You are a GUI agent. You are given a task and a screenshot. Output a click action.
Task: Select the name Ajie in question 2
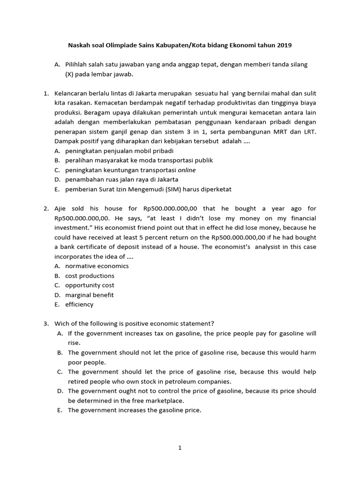[x=62, y=209]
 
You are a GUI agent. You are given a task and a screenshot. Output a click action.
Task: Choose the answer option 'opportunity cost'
[x=90, y=285]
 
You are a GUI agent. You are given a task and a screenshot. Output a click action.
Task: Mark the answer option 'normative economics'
[x=97, y=266]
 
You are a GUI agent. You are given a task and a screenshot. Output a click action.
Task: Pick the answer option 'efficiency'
[x=79, y=304]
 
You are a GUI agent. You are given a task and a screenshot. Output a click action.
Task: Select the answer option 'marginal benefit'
[x=90, y=295]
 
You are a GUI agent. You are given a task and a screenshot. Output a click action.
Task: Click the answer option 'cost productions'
[x=90, y=276]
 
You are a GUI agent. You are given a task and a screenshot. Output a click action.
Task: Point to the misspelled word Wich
[x=62, y=323]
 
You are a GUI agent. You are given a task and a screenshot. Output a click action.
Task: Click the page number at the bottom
[x=180, y=448]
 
